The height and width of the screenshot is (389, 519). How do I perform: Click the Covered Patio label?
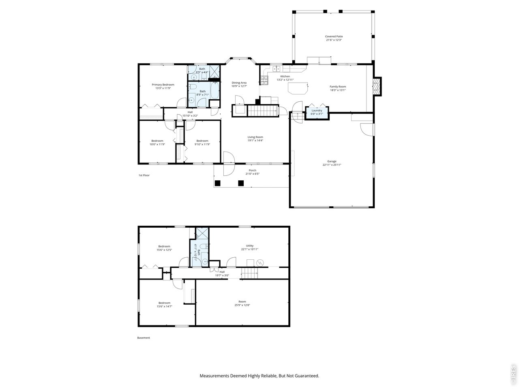click(334, 36)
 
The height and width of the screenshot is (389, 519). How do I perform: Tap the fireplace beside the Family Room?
click(377, 86)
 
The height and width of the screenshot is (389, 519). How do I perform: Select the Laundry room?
click(317, 112)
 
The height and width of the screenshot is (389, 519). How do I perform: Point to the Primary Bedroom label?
click(163, 85)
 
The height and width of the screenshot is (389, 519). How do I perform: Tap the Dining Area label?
click(239, 83)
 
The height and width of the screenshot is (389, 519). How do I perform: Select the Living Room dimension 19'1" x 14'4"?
click(255, 141)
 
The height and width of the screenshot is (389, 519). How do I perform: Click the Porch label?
click(252, 170)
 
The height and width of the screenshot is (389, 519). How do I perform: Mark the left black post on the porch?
click(217, 183)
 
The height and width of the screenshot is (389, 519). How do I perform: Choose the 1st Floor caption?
click(144, 175)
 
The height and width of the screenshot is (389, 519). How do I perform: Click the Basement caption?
click(144, 338)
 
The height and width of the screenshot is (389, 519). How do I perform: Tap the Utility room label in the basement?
click(249, 246)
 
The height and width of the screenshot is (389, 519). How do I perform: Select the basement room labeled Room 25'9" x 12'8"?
click(242, 303)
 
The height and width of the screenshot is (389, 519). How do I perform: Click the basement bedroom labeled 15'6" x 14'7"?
click(164, 305)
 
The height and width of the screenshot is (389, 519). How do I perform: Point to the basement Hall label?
click(222, 272)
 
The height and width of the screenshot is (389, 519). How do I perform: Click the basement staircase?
click(250, 273)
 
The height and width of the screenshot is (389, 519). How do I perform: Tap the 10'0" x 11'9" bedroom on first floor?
click(157, 142)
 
